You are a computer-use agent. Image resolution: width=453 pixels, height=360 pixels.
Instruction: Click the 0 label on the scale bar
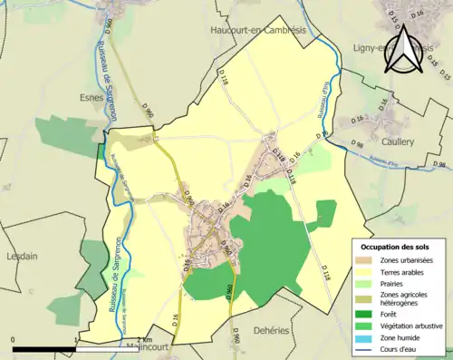tap(13, 338)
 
